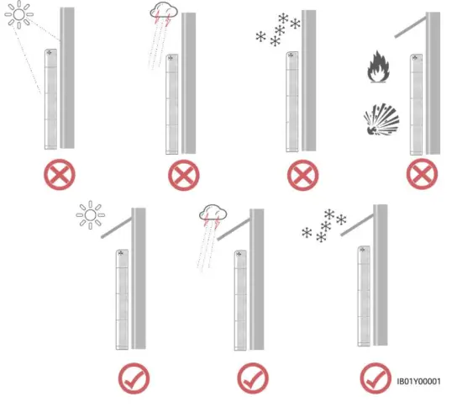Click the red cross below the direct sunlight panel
pos(59,176)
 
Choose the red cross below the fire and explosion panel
pos(422,177)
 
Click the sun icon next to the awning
pos(88,215)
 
